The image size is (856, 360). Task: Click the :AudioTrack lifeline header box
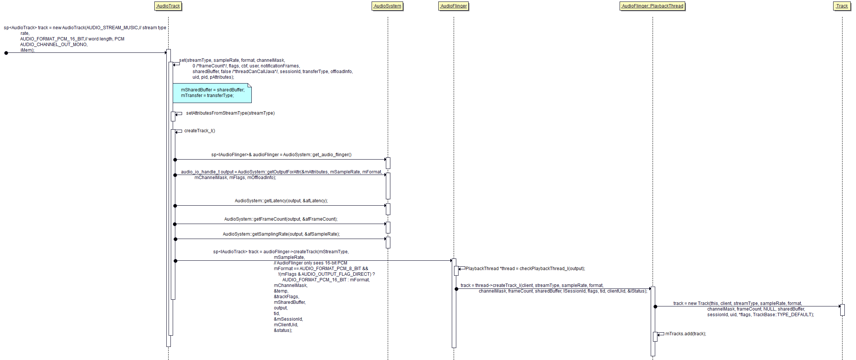[x=168, y=6]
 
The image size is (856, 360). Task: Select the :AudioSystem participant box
[x=387, y=6]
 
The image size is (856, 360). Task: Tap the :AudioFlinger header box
[x=453, y=6]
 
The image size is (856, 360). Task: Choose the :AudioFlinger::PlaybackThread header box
[x=652, y=6]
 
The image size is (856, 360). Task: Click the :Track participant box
[x=842, y=6]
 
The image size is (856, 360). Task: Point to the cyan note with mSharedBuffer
[x=212, y=93]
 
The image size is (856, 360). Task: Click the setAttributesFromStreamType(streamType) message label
[x=230, y=113]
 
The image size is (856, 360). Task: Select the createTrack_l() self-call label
[x=199, y=131]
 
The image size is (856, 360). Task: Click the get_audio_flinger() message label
[x=281, y=155]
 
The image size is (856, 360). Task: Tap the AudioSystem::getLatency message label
[x=281, y=201]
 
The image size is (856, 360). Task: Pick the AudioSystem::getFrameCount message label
[x=281, y=219]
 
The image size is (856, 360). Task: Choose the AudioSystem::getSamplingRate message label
[x=281, y=234]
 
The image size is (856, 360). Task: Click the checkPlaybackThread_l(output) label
[x=525, y=269]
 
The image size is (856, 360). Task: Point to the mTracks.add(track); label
[x=686, y=334]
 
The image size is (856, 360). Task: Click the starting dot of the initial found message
[x=6, y=53]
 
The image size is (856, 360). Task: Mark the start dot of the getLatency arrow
[x=175, y=206]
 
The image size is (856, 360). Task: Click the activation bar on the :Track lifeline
[x=842, y=310]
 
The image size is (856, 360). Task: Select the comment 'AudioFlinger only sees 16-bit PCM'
[x=311, y=263]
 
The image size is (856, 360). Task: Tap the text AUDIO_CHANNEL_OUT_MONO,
[x=54, y=45]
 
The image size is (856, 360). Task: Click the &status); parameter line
[x=283, y=330]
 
